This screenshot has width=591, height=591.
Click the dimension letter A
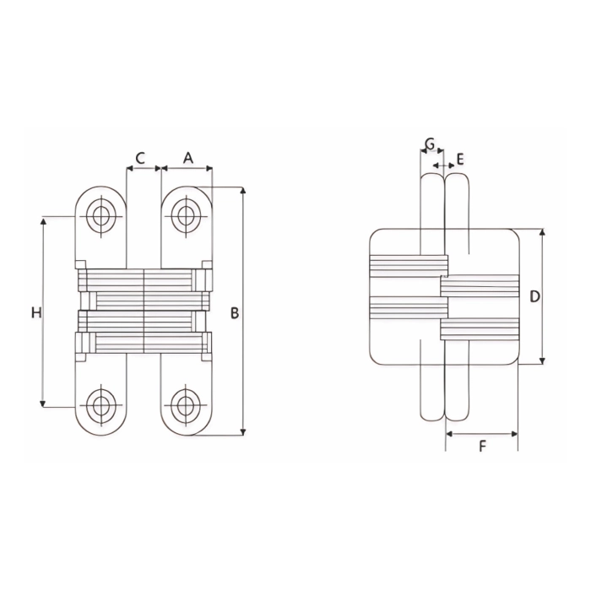coord(188,157)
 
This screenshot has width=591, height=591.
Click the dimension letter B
coord(235,313)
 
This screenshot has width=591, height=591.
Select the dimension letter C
coord(140,157)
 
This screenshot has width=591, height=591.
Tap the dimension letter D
coord(534,296)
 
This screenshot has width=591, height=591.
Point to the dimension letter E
coord(459,158)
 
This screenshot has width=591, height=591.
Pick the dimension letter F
coord(482,447)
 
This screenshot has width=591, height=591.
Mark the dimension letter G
coord(430,144)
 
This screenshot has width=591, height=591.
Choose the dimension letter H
coord(35,313)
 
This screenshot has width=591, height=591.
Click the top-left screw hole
coord(103,216)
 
